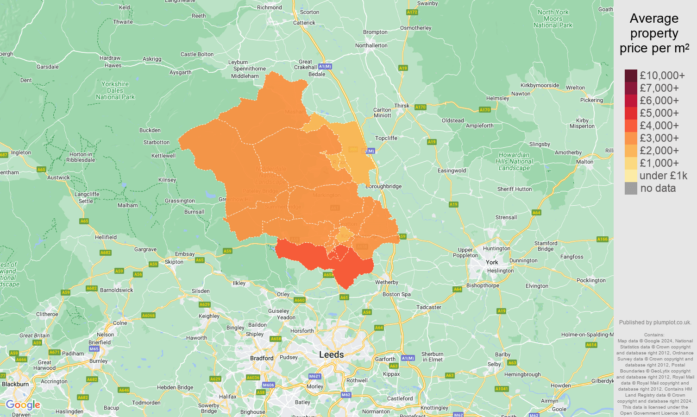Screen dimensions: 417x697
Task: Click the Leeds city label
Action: pyautogui.click(x=331, y=354)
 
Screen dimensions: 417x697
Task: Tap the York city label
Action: pyautogui.click(x=492, y=262)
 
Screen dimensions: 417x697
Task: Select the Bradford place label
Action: pyautogui.click(x=262, y=358)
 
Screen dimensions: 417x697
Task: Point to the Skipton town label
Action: pyautogui.click(x=174, y=262)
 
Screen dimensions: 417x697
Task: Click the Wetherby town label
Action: pyautogui.click(x=387, y=282)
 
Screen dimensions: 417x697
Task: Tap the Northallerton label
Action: pyautogui.click(x=371, y=45)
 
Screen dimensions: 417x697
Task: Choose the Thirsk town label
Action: pyautogui.click(x=402, y=106)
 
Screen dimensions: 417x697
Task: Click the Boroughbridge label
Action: pyautogui.click(x=383, y=186)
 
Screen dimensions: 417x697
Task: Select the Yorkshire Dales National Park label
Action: pyautogui.click(x=115, y=90)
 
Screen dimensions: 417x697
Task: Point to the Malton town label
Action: pyautogui.click(x=584, y=162)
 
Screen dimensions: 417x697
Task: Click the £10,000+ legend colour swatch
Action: pyautogui.click(x=631, y=76)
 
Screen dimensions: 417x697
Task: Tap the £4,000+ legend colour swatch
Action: pyautogui.click(x=631, y=126)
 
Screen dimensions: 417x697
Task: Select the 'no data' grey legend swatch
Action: pyautogui.click(x=631, y=188)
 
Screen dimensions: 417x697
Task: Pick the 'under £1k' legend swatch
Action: pyautogui.click(x=631, y=176)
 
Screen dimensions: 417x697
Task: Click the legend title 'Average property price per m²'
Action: pyautogui.click(x=654, y=33)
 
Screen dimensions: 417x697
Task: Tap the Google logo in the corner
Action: pyautogui.click(x=23, y=405)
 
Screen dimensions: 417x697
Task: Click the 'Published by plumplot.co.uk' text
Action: pyautogui.click(x=655, y=322)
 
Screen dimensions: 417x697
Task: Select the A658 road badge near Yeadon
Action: pyautogui.click(x=276, y=339)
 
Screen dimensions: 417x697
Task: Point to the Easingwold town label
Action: pyautogui.click(x=452, y=171)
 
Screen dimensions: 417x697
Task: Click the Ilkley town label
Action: pyautogui.click(x=239, y=283)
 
